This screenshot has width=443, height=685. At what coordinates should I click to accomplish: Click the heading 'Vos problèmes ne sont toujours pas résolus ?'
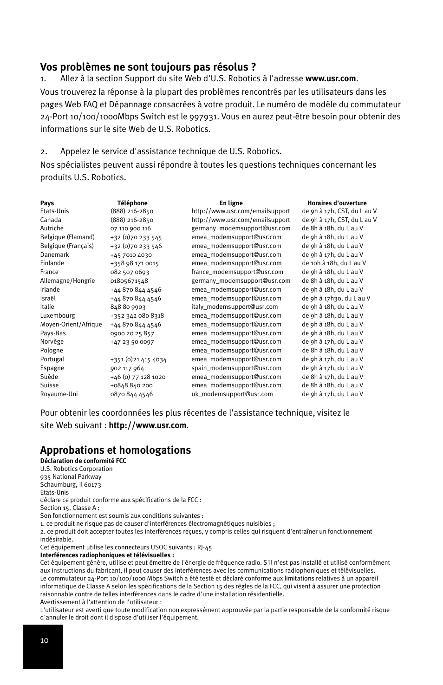(x=148, y=67)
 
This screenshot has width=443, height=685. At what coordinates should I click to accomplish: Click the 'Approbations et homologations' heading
(x=115, y=450)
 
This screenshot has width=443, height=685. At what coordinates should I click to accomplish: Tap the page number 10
(x=45, y=640)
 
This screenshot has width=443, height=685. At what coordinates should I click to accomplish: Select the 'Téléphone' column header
(x=132, y=203)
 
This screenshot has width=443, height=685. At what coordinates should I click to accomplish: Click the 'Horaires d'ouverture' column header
(x=337, y=203)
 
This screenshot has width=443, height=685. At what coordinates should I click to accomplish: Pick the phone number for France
(x=130, y=272)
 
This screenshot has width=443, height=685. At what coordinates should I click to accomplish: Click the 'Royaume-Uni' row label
(x=59, y=394)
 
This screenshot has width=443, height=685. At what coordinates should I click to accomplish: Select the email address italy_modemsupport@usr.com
(x=235, y=307)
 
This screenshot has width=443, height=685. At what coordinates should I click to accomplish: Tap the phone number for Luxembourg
(x=137, y=316)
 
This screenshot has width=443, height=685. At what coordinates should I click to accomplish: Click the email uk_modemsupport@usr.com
(x=232, y=394)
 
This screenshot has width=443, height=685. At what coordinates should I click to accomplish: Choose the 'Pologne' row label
(x=52, y=351)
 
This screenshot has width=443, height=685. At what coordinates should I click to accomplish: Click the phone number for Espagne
(x=127, y=368)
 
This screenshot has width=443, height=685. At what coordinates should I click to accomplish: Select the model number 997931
(x=200, y=117)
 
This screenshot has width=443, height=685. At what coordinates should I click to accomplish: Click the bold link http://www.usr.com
(x=148, y=425)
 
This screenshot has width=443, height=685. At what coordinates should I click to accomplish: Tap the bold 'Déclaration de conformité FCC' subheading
(x=83, y=461)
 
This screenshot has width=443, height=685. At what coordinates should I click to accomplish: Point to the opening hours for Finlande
(x=334, y=263)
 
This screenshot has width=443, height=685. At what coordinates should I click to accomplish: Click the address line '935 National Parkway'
(x=71, y=476)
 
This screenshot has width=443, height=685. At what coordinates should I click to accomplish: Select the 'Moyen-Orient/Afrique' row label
(x=71, y=325)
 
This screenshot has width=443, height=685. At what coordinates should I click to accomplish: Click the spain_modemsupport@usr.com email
(x=236, y=368)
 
